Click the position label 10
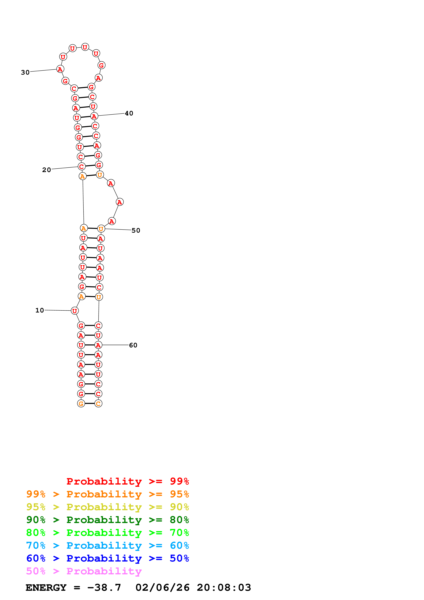pyautogui.click(x=40, y=310)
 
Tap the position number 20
pyautogui.click(x=47, y=170)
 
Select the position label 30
pyautogui.click(x=25, y=72)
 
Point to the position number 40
pyautogui.click(x=129, y=113)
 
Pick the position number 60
pyautogui.click(x=133, y=345)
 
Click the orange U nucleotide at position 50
pyautogui.click(x=101, y=229)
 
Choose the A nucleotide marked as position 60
pyautogui.click(x=98, y=345)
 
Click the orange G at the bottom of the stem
pyautogui.click(x=81, y=404)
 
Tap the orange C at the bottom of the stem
pyautogui.click(x=98, y=404)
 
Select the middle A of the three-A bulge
pyautogui.click(x=120, y=202)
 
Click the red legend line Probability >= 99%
pyautogui.click(x=128, y=481)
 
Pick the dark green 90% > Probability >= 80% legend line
pyautogui.click(x=108, y=520)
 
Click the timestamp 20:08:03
pyautogui.click(x=224, y=588)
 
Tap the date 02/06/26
pyautogui.click(x=162, y=588)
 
